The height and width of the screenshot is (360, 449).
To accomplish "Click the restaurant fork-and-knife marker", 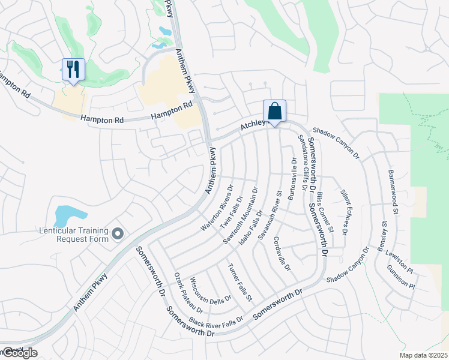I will pyautogui.click(x=73, y=70).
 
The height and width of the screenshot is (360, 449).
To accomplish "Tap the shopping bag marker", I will pyautogui.click(x=274, y=111).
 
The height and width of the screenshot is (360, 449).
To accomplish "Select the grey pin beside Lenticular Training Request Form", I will pyautogui.click(x=118, y=233).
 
